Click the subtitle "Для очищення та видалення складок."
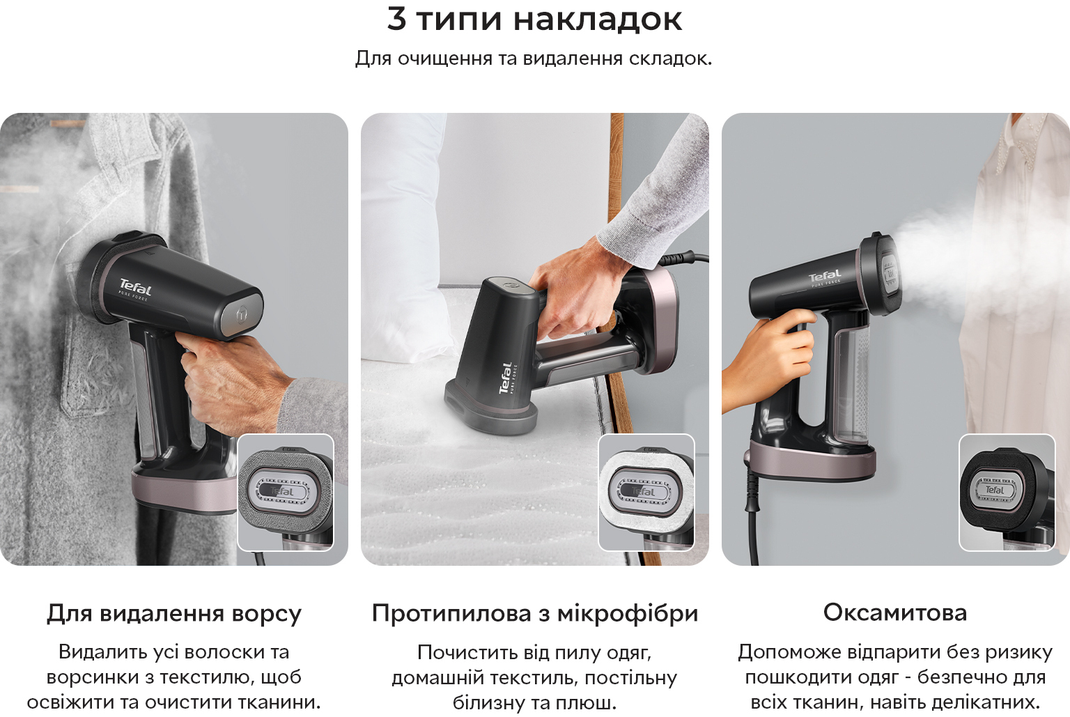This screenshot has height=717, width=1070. point(534,59)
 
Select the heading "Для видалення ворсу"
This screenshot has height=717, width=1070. point(174,613)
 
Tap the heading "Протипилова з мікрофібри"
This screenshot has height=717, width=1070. point(535,613)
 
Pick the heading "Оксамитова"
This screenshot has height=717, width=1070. point(895,612)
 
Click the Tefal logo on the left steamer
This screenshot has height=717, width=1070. point(135,288)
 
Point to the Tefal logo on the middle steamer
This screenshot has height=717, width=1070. point(505,378)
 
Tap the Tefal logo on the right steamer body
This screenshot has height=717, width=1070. point(825,276)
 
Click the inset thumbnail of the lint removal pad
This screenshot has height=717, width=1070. point(286,492)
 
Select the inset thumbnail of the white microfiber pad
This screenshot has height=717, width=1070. point(646,492)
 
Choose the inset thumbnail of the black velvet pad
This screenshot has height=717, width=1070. point(1007,492)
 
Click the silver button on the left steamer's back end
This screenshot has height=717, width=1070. point(242,314)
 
